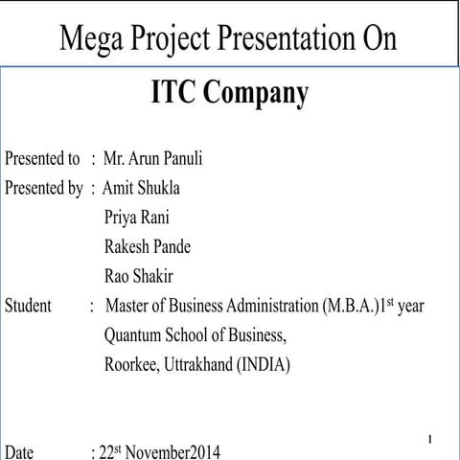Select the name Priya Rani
(x=137, y=217)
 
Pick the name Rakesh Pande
(x=148, y=246)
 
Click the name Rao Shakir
(x=139, y=277)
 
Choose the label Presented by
(x=44, y=187)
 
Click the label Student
(x=29, y=307)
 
